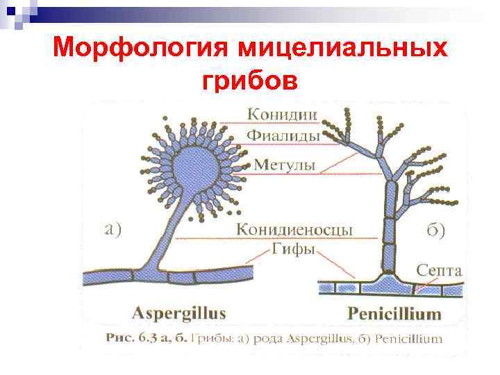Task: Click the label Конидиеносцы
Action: (x=294, y=229)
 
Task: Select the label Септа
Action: (x=439, y=269)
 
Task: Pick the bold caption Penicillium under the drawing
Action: (x=394, y=313)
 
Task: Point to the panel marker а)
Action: (x=112, y=228)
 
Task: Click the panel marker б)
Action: (x=435, y=231)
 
